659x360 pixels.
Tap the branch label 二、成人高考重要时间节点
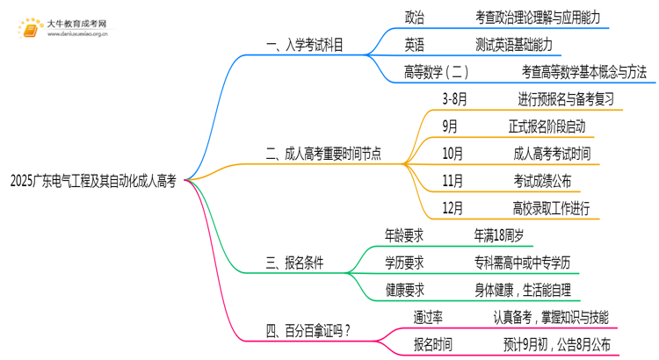click(322, 154)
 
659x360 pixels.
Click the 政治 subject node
click(416, 17)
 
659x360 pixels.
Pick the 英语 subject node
click(416, 45)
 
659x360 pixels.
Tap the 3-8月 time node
click(455, 99)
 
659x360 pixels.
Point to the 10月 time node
click(453, 154)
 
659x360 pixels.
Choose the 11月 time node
click(453, 181)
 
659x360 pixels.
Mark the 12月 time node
click(453, 208)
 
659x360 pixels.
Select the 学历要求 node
click(404, 262)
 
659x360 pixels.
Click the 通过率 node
click(427, 317)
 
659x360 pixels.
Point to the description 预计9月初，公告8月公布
click(553, 344)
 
